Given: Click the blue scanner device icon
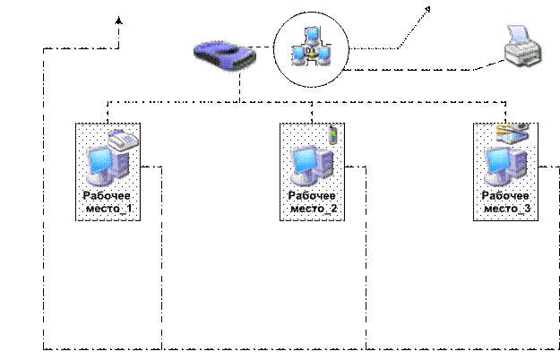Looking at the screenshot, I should coord(225,56).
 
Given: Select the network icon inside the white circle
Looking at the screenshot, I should coord(310,50).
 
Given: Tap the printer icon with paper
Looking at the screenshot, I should coord(523,48).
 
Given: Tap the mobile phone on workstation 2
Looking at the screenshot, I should coord(333,135).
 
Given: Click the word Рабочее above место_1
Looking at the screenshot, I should coord(108,196).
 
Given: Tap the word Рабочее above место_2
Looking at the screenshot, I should coord(313,196).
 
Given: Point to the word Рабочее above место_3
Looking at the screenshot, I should coord(506,196).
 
